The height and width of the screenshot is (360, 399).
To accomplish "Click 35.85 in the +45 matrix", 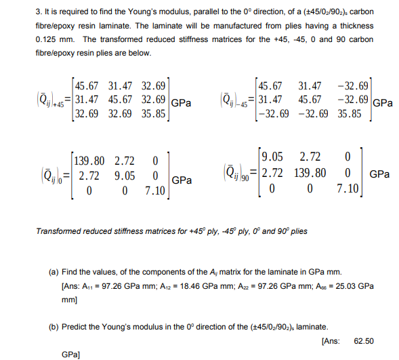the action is tap(154, 115).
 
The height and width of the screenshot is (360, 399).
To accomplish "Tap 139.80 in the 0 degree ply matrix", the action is tap(89, 161).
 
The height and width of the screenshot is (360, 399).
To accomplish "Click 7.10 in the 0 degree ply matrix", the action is tap(155, 191).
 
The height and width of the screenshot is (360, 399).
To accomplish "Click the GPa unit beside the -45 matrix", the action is tap(383, 103).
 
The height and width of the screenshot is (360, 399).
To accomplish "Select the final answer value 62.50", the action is tap(364, 340).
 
